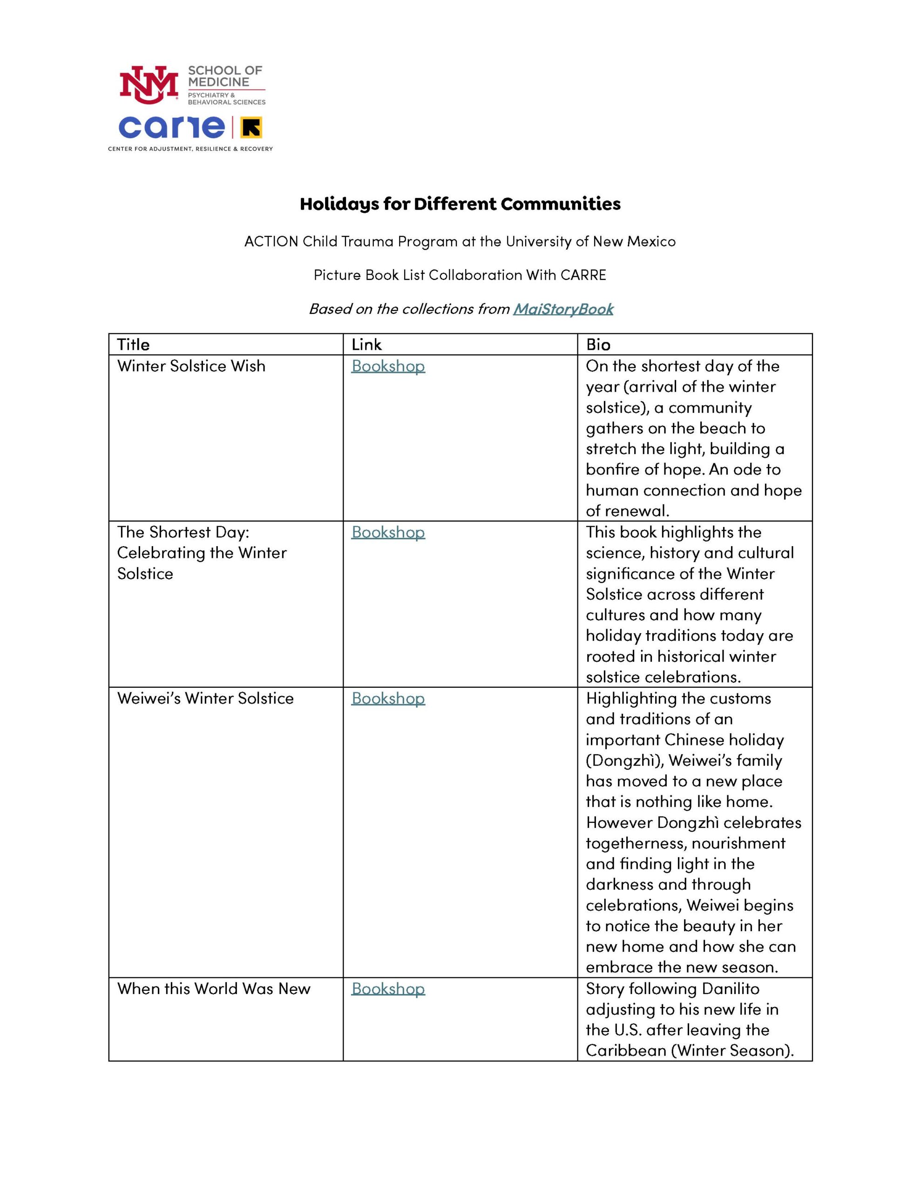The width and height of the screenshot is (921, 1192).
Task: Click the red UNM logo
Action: (x=149, y=85)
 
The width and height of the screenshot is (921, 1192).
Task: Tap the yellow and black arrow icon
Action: (x=251, y=128)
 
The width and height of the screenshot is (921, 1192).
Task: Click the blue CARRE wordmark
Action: (x=171, y=127)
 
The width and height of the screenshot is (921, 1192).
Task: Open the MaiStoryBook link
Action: (x=563, y=309)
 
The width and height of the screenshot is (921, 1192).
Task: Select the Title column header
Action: (x=133, y=345)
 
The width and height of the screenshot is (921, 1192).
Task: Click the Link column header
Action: (x=366, y=345)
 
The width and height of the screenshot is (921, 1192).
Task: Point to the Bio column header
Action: (x=598, y=345)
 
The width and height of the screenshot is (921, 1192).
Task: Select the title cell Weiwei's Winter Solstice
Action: (x=205, y=698)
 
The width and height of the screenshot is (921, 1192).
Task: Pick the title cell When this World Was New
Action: (x=213, y=989)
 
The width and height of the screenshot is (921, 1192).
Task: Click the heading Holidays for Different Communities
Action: (x=460, y=204)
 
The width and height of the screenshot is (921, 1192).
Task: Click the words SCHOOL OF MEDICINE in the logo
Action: (x=225, y=76)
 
